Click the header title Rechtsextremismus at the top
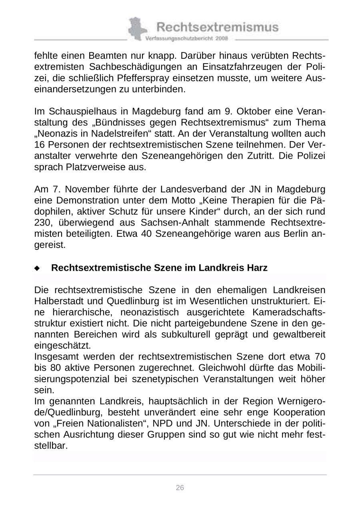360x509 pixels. (x=218, y=27)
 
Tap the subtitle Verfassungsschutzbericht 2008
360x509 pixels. (x=187, y=39)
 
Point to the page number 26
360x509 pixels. (x=180, y=487)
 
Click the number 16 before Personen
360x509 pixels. (x=40, y=144)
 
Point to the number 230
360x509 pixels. (x=42, y=222)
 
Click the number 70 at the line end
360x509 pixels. (x=320, y=357)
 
